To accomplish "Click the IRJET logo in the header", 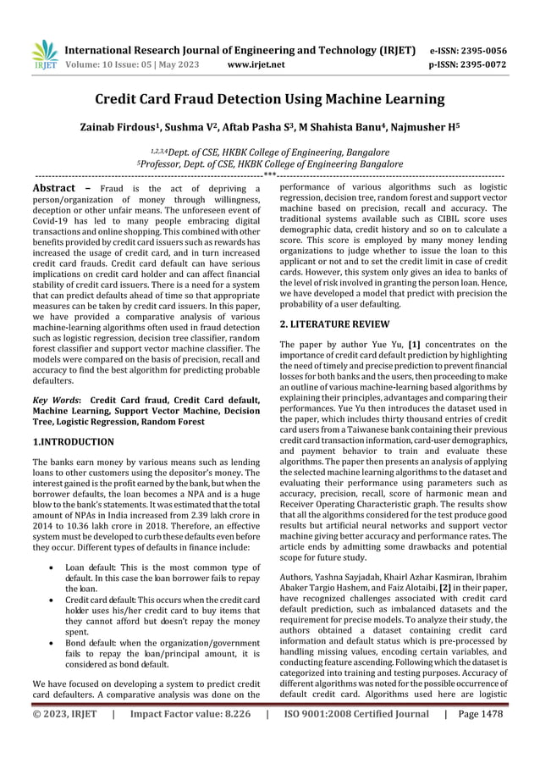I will tap(44, 53).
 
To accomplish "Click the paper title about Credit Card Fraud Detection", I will tap(269, 102).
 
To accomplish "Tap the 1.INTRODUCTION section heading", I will tap(74, 442).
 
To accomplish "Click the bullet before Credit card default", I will tap(52, 588).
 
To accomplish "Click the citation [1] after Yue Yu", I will tap(416, 345).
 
